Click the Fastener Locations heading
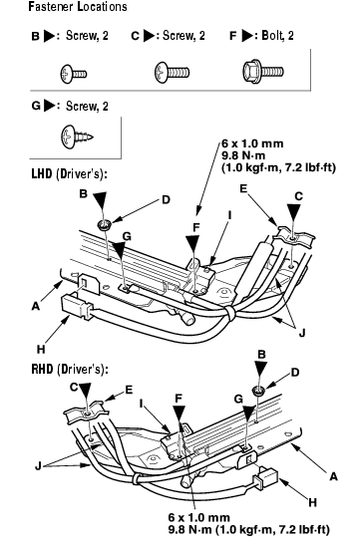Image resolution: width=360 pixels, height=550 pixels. click(x=77, y=7)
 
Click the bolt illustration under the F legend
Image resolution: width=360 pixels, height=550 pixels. click(x=263, y=72)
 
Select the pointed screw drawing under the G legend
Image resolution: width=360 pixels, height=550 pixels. click(x=77, y=136)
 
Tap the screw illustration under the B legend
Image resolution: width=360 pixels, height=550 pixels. click(x=74, y=74)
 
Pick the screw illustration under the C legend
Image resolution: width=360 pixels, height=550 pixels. click(x=172, y=73)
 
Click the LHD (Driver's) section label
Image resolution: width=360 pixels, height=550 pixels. click(x=69, y=174)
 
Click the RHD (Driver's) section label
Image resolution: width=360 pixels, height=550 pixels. click(x=70, y=369)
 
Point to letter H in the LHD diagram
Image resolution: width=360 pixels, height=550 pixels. click(x=41, y=349)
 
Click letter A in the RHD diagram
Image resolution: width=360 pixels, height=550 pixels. click(x=333, y=476)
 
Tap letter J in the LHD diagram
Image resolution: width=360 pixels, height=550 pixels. click(x=302, y=333)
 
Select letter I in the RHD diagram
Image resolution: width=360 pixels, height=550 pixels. click(x=142, y=404)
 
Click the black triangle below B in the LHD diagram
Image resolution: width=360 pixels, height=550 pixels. click(x=101, y=200)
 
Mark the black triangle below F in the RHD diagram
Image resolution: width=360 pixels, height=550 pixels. click(x=180, y=414)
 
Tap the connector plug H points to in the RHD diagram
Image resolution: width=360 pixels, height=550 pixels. click(x=266, y=479)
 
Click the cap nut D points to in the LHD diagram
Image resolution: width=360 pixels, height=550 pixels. click(x=105, y=224)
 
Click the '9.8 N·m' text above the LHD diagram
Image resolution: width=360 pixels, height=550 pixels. click(x=243, y=155)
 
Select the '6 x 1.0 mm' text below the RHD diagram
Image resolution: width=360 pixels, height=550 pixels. click(x=199, y=517)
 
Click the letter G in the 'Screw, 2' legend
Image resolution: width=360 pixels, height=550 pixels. click(x=36, y=106)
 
